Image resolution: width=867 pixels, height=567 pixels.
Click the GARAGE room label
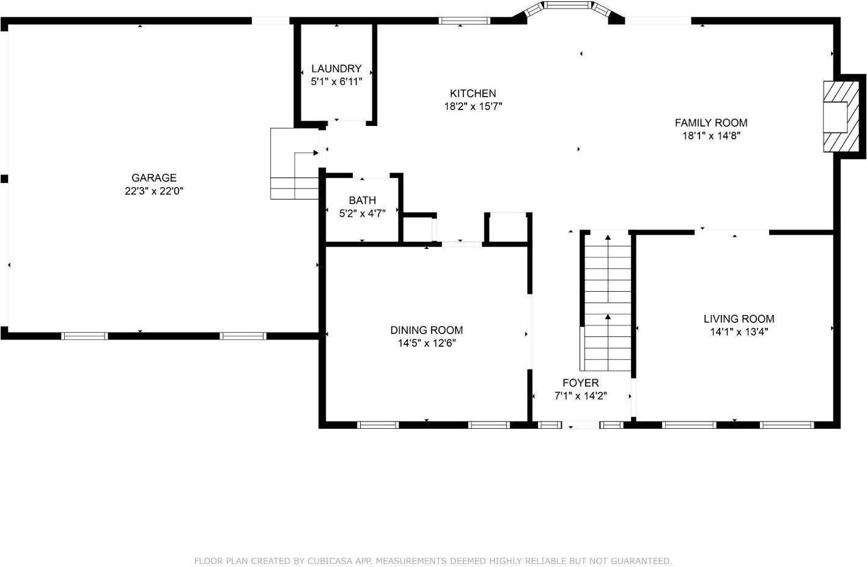pos(154,178)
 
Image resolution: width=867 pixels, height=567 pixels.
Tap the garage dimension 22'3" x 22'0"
pos(154,191)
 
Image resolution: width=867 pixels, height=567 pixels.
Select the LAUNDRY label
pos(336,69)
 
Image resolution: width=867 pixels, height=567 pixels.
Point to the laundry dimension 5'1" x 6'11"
pos(336,81)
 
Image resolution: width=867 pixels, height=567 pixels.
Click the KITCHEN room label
pos(473,94)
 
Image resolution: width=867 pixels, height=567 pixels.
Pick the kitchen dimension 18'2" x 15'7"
pos(473,106)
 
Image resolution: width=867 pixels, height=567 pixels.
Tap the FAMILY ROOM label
pos(710,122)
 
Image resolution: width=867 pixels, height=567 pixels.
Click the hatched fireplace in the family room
pos(835,116)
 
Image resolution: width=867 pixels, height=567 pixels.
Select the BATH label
pos(362,201)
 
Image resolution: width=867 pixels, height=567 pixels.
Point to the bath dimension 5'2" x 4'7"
pos(362,213)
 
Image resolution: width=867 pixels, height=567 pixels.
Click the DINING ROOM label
pos(426,330)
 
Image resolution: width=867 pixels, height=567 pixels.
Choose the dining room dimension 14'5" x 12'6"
pos(426,343)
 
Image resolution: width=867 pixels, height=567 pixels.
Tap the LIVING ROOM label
pos(739,319)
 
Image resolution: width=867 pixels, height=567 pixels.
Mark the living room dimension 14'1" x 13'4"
pos(739,332)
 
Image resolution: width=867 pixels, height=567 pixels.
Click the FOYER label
pos(580,383)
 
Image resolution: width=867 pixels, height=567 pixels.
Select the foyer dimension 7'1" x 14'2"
pos(580,396)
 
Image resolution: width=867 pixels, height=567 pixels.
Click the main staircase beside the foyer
pos(607,303)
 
